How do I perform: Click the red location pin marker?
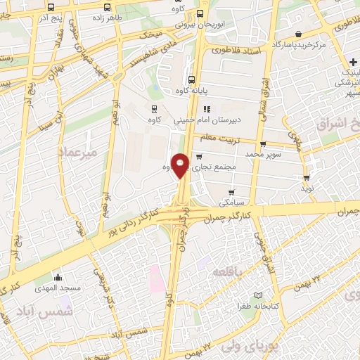(x=181, y=165)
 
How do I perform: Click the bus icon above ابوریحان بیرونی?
(x=201, y=13)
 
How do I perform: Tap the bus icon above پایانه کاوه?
(x=192, y=79)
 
